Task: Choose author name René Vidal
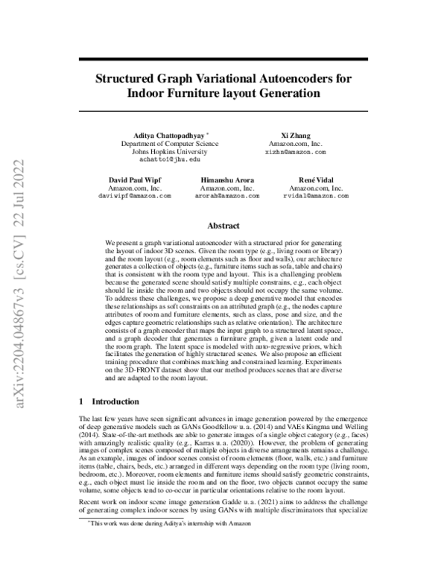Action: (317, 180)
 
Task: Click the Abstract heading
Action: (223, 226)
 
